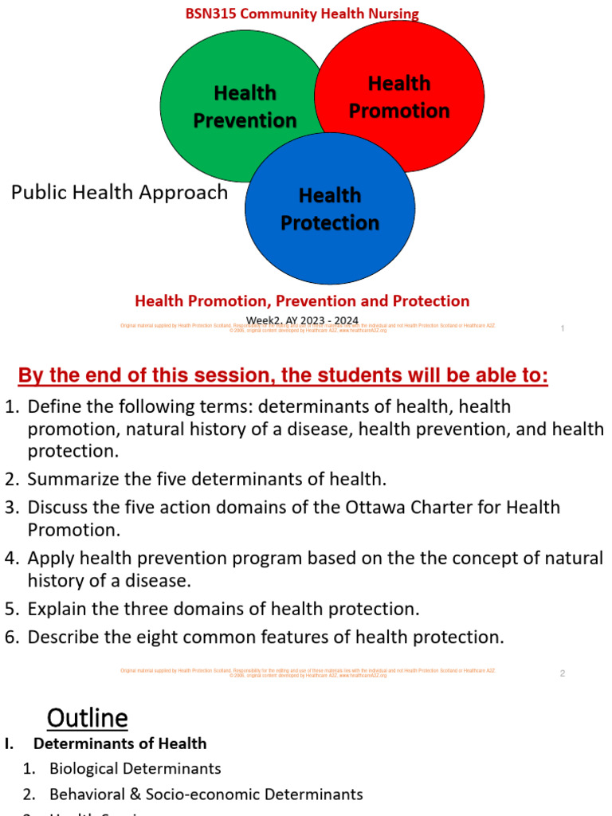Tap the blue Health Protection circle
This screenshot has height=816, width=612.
(x=330, y=209)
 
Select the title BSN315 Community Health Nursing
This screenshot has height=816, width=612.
(x=302, y=14)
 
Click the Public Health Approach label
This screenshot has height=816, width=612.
(x=120, y=193)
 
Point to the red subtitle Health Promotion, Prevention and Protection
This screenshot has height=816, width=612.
(x=302, y=301)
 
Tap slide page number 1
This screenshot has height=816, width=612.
(x=563, y=328)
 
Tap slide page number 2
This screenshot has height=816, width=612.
(x=562, y=673)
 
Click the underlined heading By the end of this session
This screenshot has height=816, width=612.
(x=283, y=375)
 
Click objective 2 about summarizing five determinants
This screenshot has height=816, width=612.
(x=206, y=479)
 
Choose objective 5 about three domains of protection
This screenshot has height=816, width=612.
(x=223, y=610)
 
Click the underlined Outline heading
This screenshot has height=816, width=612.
(x=87, y=718)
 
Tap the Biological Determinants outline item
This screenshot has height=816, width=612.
(x=135, y=769)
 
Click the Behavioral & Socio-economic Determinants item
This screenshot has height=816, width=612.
(x=206, y=794)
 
